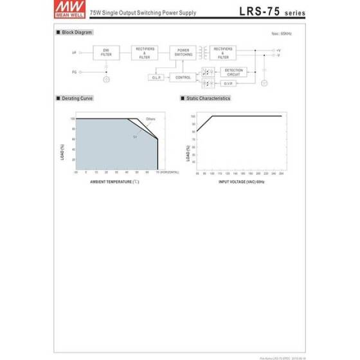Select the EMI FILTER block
(106, 53)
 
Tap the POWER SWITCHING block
(183, 53)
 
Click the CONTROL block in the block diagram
(182, 77)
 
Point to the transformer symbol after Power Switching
(203, 51)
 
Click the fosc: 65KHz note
(281, 32)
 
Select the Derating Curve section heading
(78, 98)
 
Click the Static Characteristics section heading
(207, 98)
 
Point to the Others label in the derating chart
(150, 119)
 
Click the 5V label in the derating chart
(135, 137)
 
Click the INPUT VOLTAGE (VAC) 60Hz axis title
(241, 182)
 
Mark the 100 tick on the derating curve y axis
(72, 118)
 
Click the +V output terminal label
(278, 50)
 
